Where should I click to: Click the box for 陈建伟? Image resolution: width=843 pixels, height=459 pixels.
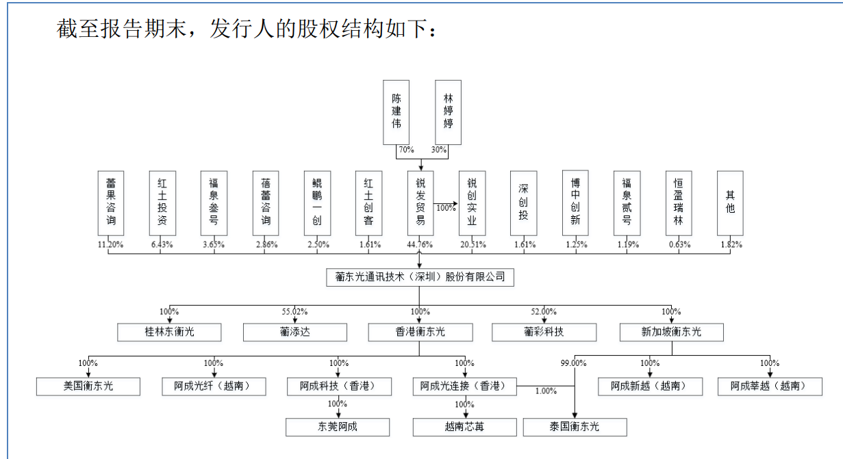click(x=396, y=112)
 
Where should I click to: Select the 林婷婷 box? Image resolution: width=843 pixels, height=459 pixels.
click(x=448, y=112)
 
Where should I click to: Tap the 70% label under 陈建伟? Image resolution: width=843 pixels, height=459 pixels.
click(x=405, y=150)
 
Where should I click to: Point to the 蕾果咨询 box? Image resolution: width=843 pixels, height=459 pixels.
click(x=111, y=202)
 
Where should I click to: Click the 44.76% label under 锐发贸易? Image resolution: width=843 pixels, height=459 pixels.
click(x=420, y=244)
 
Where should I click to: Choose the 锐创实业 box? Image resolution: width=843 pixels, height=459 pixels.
click(x=472, y=202)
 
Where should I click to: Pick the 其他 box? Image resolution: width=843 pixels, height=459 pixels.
click(x=730, y=202)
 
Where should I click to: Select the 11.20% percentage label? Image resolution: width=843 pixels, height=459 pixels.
click(x=111, y=244)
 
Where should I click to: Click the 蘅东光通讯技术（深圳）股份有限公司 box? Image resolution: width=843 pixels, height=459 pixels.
click(x=420, y=277)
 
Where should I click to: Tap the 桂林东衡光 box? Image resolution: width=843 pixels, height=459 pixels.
click(x=169, y=332)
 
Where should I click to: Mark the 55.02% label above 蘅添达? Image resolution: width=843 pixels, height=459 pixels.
click(x=294, y=311)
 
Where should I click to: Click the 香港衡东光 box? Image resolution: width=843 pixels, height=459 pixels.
click(x=420, y=332)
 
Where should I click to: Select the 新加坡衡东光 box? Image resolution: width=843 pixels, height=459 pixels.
click(x=671, y=332)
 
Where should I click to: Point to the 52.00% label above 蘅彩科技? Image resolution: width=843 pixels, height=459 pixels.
click(x=544, y=311)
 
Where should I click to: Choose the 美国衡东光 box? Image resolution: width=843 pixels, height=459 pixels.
click(x=88, y=386)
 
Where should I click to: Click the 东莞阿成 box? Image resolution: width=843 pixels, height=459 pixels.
click(x=338, y=428)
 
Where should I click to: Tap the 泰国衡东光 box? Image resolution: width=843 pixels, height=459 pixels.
click(x=575, y=428)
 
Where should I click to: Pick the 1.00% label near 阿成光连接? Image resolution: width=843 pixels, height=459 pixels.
click(x=545, y=391)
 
